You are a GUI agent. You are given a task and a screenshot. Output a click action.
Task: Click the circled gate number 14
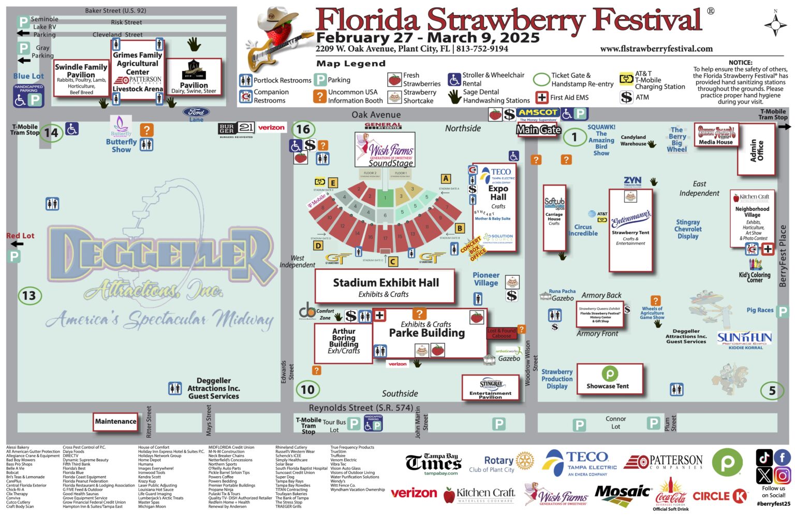tap(51, 133)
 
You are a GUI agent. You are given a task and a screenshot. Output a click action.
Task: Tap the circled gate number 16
tap(303, 130)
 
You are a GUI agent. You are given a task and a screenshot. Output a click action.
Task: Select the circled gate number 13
tap(29, 296)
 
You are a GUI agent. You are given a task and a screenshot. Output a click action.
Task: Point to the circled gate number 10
tap(307, 390)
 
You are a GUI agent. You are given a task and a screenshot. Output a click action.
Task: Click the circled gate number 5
tap(772, 391)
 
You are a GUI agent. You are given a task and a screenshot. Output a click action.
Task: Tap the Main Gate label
tap(538, 130)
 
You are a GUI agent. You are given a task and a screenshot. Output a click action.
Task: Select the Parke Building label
tap(427, 333)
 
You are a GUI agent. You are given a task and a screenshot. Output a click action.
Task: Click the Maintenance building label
tap(115, 421)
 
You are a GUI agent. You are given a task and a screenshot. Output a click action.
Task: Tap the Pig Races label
tap(760, 310)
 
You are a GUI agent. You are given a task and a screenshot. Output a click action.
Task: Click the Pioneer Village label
tap(486, 279)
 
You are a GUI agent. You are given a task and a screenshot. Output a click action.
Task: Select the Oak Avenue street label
tap(376, 115)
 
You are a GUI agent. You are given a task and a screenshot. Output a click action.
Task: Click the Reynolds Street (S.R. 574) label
tap(361, 408)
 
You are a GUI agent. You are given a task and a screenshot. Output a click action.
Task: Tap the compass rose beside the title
tap(775, 24)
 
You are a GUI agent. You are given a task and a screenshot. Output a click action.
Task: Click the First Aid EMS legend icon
tap(542, 97)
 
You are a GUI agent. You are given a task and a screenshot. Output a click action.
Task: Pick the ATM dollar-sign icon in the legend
tap(626, 97)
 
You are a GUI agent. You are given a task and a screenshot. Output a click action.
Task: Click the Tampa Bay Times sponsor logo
tap(433, 462)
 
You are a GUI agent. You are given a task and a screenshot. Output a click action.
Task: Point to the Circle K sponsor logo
tap(720, 496)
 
